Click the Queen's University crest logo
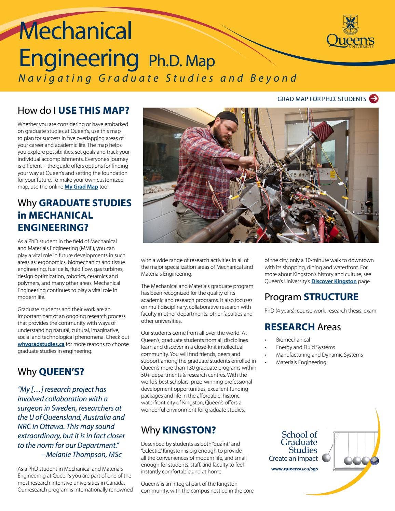click(x=350, y=25)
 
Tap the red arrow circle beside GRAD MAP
click(x=374, y=99)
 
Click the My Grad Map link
click(x=81, y=187)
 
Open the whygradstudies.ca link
click(x=41, y=344)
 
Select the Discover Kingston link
click(x=334, y=281)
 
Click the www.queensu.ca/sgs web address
click(x=295, y=469)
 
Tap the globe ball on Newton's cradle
click(x=374, y=460)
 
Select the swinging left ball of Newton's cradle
click(x=326, y=458)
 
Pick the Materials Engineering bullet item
click(x=301, y=362)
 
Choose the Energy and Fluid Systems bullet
click(x=305, y=347)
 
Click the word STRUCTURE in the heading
click(x=331, y=297)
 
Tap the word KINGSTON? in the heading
click(x=189, y=430)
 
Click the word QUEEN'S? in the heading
click(x=62, y=372)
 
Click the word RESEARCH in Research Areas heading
click(x=289, y=327)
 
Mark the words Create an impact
click(x=293, y=459)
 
